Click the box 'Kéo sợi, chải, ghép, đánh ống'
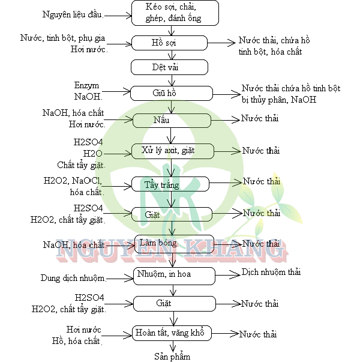pos(174,13)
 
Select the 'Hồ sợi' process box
pos(172,44)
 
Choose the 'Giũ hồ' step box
pos(172,93)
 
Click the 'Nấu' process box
pos(172,120)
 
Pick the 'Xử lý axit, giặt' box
pos(172,150)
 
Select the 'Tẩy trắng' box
pos(172,184)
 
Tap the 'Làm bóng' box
pos(173,243)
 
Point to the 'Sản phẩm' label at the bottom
pos(172,357)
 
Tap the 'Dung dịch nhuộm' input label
pos(73,278)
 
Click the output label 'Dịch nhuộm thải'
pos(271,272)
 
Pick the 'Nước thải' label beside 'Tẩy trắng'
pos(262,181)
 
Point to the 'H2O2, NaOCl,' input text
pos(73,181)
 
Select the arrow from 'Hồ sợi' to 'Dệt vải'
pos(172,55)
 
